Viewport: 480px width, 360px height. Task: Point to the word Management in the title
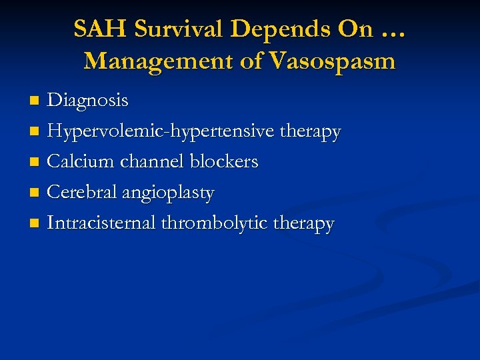click(x=151, y=61)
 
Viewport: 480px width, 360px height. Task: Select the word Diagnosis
click(x=87, y=101)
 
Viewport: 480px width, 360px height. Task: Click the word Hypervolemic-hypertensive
click(x=160, y=131)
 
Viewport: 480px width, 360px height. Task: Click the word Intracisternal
click(x=101, y=223)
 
